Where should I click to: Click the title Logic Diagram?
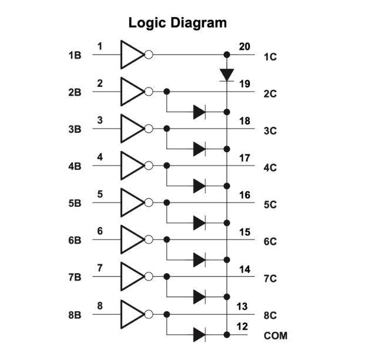(178, 23)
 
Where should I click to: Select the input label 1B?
(75, 56)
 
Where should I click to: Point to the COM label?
(276, 337)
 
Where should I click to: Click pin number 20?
(245, 46)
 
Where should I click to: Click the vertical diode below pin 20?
(227, 74)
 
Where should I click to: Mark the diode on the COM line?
(199, 335)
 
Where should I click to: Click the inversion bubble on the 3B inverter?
(149, 129)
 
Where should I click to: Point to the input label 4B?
(75, 166)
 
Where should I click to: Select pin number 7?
(100, 268)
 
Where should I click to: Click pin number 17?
(245, 158)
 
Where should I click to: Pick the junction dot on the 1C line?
(227, 55)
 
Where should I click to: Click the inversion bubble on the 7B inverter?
(149, 276)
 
